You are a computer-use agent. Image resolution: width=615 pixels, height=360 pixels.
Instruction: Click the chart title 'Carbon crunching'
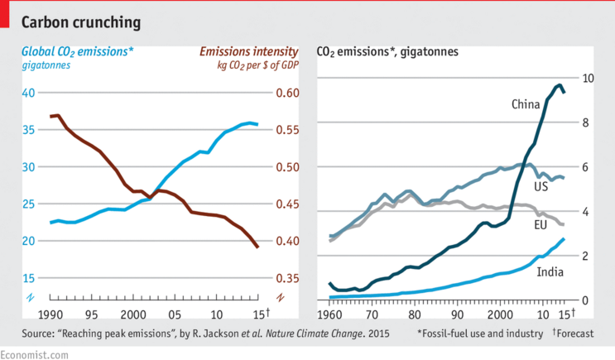click(80, 19)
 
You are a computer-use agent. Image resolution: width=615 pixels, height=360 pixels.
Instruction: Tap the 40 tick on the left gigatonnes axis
click(28, 93)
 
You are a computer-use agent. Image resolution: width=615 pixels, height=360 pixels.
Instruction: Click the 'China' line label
click(526, 104)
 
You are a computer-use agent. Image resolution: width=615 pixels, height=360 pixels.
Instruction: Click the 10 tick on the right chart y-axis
click(588, 79)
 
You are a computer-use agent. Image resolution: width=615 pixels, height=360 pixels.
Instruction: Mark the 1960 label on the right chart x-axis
click(330, 314)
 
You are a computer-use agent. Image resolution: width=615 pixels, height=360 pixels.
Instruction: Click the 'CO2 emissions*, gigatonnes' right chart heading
click(388, 51)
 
